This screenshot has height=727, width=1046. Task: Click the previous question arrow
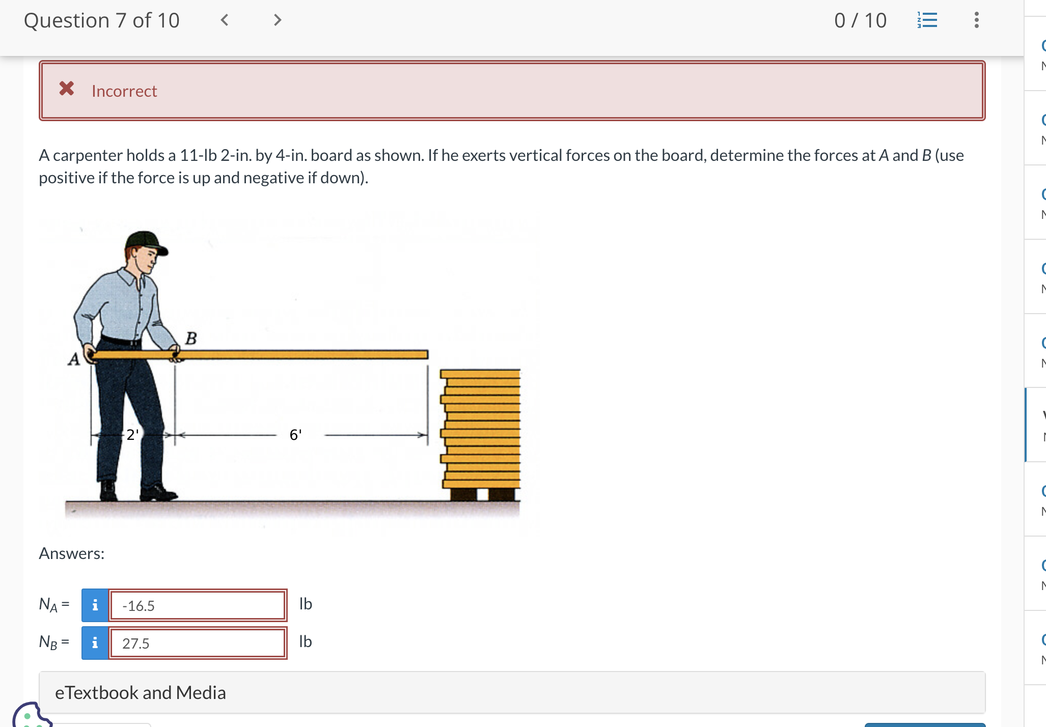[224, 20]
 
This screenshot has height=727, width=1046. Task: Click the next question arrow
[278, 20]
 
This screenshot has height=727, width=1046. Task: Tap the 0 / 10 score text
[861, 20]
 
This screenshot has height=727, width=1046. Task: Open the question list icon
[927, 20]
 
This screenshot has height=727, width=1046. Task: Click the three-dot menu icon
[976, 20]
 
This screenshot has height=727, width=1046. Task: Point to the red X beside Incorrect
[67, 89]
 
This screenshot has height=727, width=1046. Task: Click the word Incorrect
[124, 91]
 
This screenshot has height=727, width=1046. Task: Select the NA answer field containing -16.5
[198, 605]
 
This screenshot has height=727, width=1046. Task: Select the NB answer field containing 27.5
[198, 643]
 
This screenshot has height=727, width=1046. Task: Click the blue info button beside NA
[95, 605]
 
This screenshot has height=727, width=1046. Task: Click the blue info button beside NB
[95, 643]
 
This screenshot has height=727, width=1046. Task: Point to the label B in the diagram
[191, 338]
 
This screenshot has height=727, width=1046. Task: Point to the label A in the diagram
[74, 359]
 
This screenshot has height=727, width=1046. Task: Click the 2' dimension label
[132, 435]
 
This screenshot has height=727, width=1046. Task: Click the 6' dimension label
[295, 435]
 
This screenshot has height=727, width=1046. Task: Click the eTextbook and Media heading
[141, 693]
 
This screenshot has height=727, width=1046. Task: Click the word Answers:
[72, 553]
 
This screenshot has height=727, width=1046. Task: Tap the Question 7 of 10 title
[102, 20]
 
